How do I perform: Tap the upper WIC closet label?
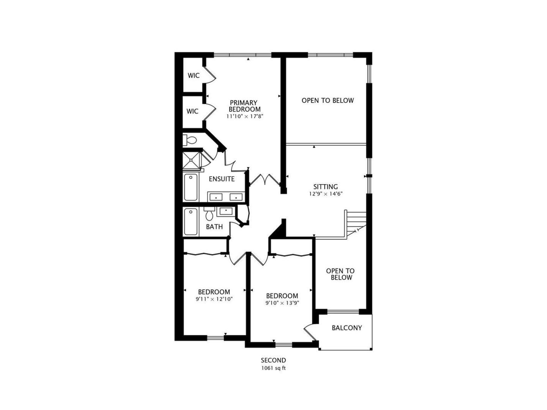coord(194,76)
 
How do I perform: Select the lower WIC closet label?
coord(192,111)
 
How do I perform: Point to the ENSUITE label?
coord(222,179)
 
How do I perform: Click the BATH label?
coord(214,227)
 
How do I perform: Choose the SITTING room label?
coord(326,186)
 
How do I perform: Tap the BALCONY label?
coord(347,328)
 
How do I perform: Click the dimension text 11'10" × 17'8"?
coord(244,117)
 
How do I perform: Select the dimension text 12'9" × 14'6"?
coord(326,194)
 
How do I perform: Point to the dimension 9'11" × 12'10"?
coord(214,299)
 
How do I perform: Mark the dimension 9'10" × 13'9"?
coord(282,303)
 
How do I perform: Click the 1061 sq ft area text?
coord(273,368)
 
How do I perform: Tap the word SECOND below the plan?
coord(273,360)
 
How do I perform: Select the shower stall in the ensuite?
coord(192,161)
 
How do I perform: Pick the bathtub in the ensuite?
coord(191,187)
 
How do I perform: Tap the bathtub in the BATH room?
coord(191,222)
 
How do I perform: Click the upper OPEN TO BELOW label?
coord(328,100)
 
